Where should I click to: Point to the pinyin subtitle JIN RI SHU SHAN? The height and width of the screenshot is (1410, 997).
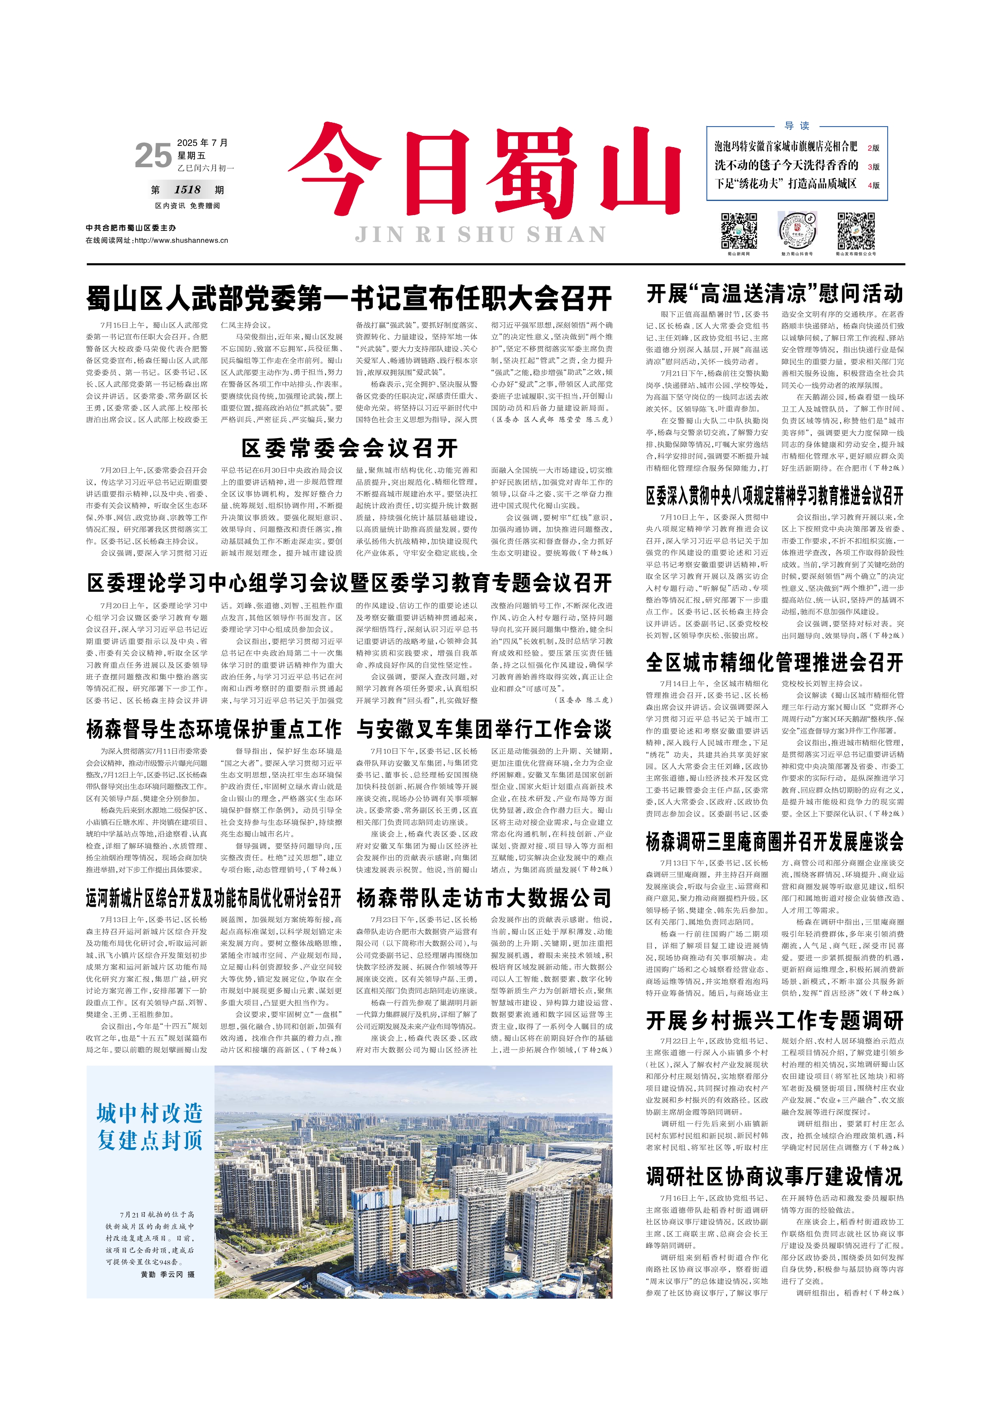click(x=481, y=235)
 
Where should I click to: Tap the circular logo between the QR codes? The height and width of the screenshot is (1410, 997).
click(x=797, y=230)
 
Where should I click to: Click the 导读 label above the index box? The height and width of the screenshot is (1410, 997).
click(x=797, y=126)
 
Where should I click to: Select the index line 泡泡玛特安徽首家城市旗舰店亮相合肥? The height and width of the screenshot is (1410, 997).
click(x=786, y=147)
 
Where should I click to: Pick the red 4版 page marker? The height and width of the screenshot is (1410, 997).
click(x=874, y=185)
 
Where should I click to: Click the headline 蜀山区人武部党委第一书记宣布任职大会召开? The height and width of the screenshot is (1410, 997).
click(x=349, y=299)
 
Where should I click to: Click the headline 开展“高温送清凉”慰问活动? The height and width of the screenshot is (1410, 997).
click(x=775, y=293)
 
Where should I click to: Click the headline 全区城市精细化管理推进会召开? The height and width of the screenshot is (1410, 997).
click(x=775, y=663)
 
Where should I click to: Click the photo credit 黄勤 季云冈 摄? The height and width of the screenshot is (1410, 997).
click(x=168, y=1274)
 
